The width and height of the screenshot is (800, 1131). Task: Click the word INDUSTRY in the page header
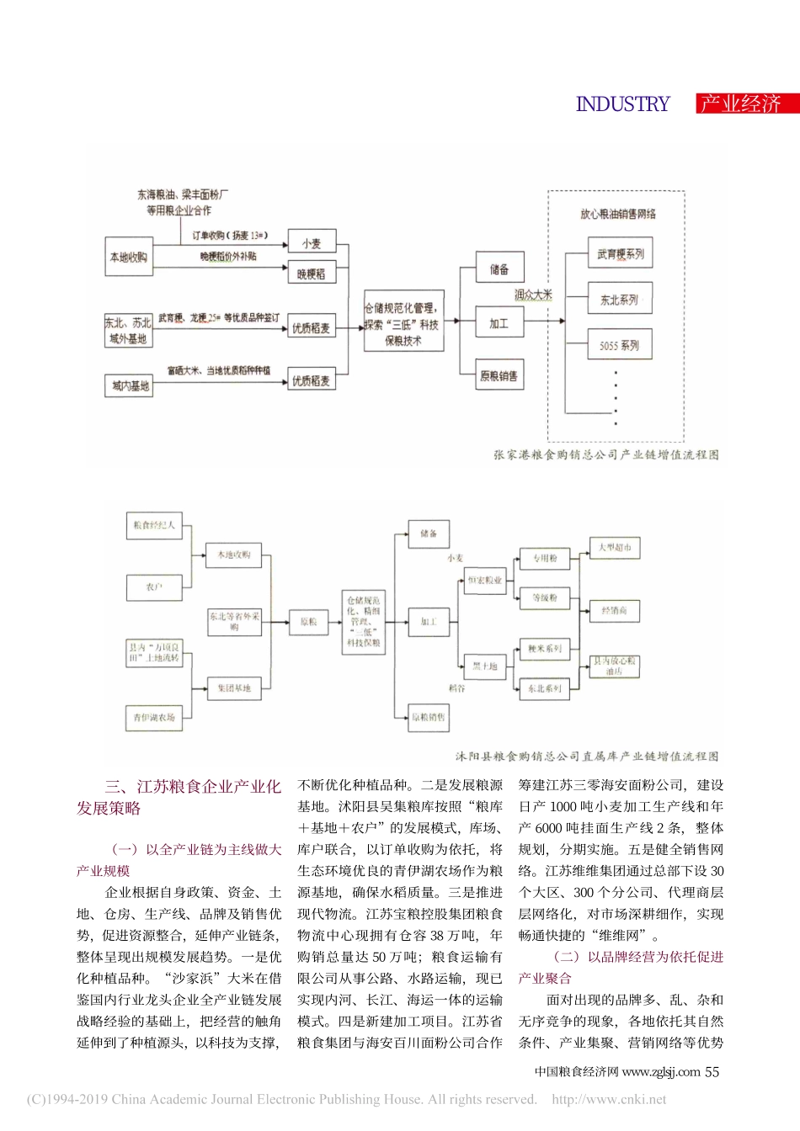[x=622, y=104]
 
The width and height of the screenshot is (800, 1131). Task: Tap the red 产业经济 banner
[x=742, y=104]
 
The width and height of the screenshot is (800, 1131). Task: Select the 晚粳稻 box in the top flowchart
[x=311, y=273]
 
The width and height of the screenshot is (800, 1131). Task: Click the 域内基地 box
[x=131, y=385]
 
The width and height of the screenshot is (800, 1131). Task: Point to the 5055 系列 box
[x=620, y=345]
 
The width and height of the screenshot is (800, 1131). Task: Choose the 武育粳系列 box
[x=620, y=253]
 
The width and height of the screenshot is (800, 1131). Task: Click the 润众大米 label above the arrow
[x=533, y=295]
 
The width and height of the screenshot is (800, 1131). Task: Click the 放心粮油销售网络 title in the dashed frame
[x=617, y=214]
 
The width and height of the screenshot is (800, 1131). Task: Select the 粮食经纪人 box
[x=154, y=525]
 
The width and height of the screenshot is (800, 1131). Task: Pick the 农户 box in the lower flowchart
[x=154, y=587]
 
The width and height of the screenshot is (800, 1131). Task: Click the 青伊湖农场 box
[x=154, y=718]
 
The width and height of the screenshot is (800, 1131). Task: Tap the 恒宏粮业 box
[x=485, y=580]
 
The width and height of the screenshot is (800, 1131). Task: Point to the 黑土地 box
[x=485, y=666]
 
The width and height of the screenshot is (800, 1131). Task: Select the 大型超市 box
[x=614, y=548]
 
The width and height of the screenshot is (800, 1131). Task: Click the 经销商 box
[x=614, y=610]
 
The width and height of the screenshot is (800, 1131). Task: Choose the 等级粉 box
[x=545, y=597]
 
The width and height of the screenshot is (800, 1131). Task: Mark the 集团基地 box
[x=234, y=688]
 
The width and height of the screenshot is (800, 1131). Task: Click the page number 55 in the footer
[x=712, y=1071]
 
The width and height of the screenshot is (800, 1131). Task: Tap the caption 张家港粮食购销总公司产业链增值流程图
[x=606, y=454]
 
